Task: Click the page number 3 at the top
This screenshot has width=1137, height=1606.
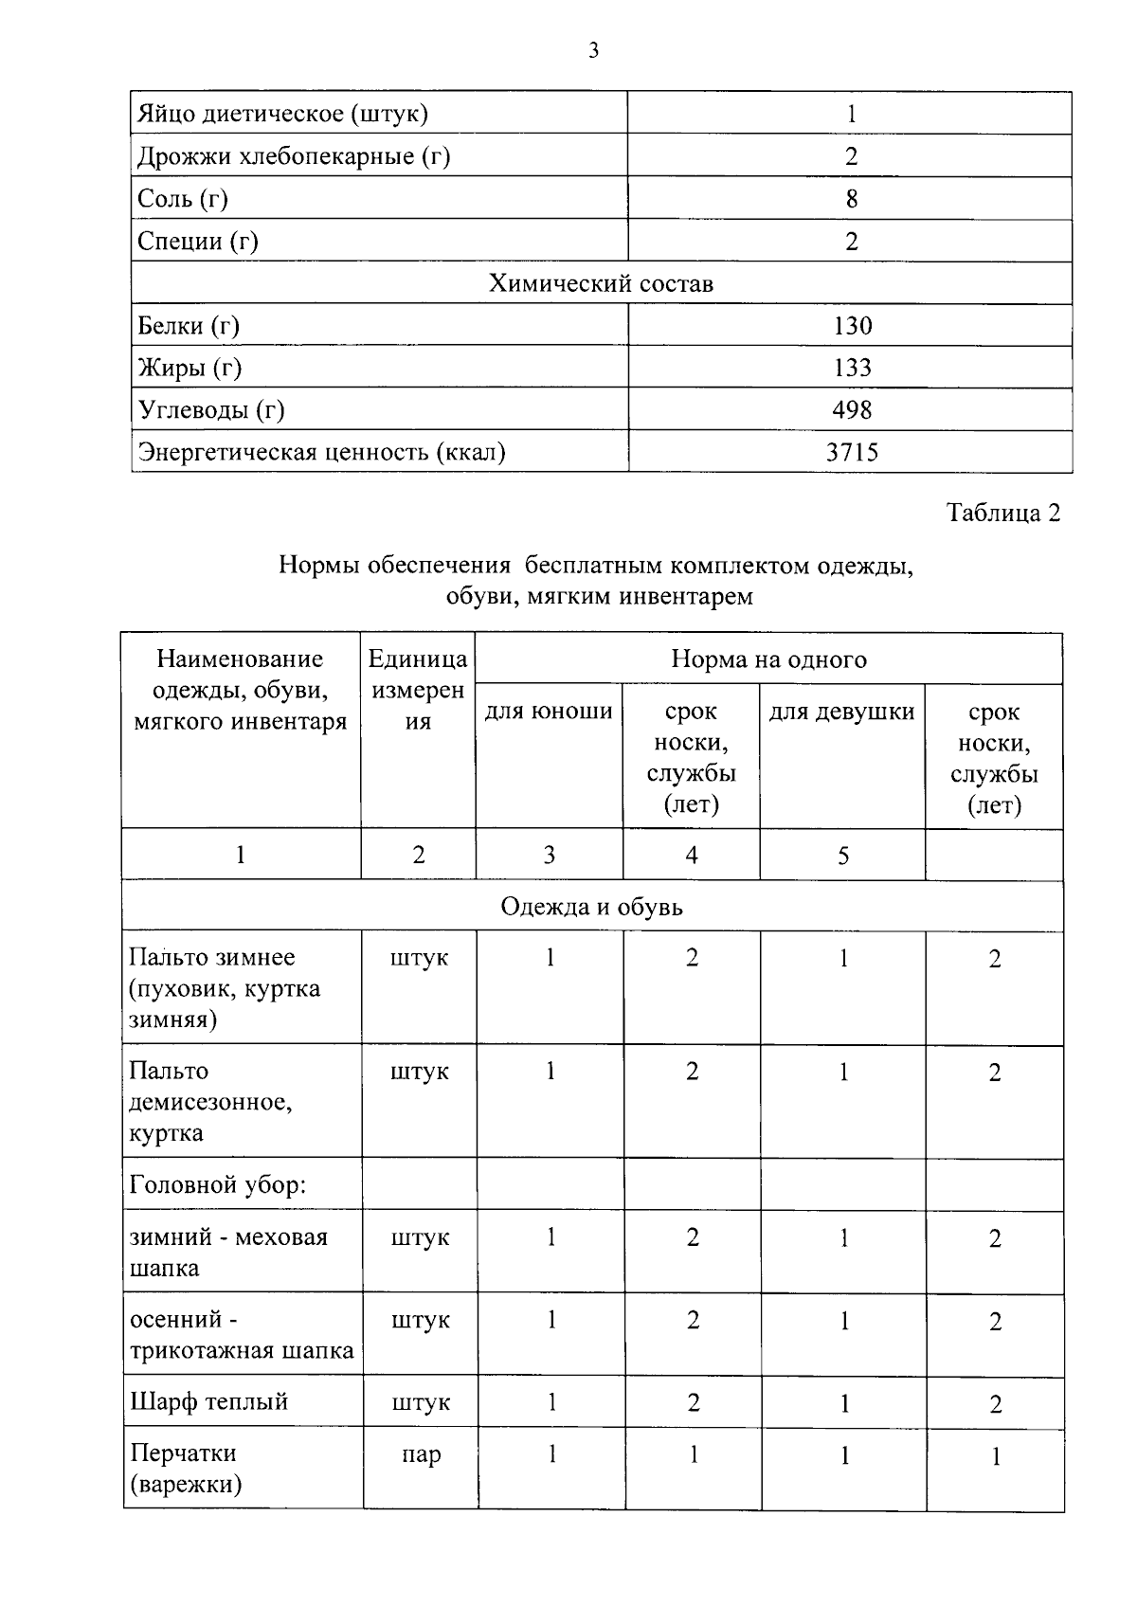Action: coord(593,51)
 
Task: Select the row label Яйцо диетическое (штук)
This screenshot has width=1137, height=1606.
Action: coord(282,114)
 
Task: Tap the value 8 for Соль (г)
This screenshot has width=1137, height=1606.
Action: coord(851,198)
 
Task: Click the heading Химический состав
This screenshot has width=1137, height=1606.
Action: coord(601,283)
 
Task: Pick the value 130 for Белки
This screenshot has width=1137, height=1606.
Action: coord(852,326)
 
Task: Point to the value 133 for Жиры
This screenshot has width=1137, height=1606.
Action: coord(852,368)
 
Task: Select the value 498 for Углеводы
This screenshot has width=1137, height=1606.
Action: coord(852,409)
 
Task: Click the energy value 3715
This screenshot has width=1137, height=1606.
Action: coord(852,452)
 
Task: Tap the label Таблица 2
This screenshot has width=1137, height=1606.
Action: coord(1003,513)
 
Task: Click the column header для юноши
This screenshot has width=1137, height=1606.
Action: coord(549,711)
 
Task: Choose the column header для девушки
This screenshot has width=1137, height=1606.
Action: coord(841,711)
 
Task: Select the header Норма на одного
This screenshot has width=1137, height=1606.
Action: coord(768,659)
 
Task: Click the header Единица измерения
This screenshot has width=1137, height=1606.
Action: coord(418,690)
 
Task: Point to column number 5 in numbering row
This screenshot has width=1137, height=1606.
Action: coord(842,856)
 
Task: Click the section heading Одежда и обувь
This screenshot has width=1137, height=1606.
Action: coord(591,907)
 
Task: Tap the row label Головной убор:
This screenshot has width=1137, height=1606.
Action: coord(218,1184)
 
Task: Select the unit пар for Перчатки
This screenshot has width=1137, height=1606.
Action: coord(420,1454)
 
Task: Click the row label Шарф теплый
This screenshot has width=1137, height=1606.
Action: coord(208,1401)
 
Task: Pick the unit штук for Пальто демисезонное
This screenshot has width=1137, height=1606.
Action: coord(419,1072)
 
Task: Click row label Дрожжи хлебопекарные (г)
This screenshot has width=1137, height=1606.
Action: coord(294,155)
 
